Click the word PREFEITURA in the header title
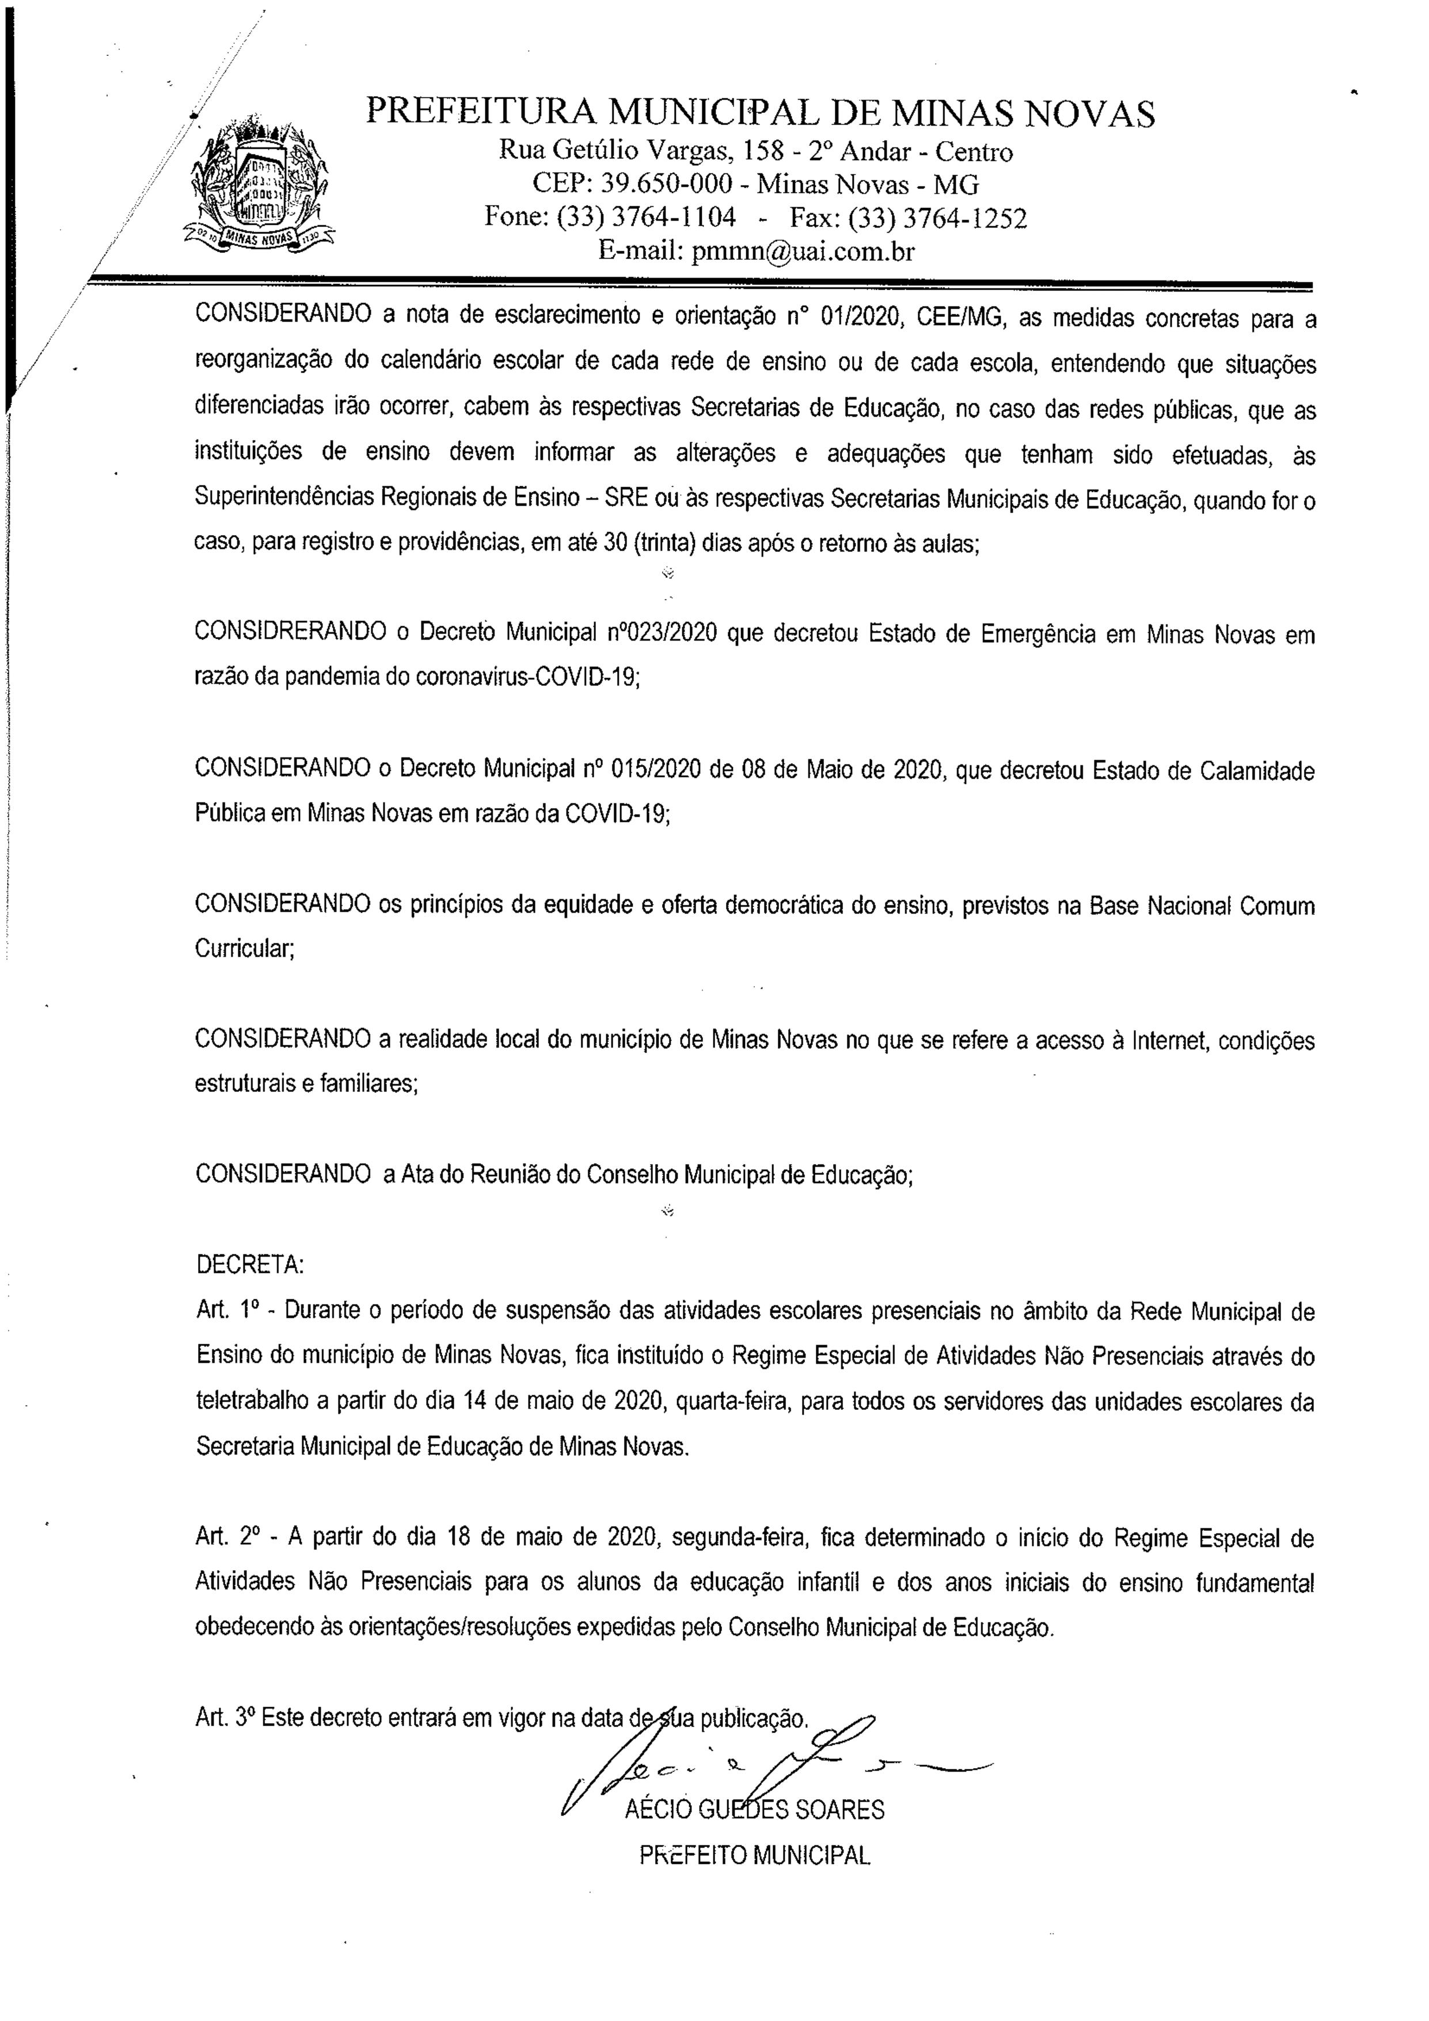click(480, 113)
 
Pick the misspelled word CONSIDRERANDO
click(290, 634)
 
